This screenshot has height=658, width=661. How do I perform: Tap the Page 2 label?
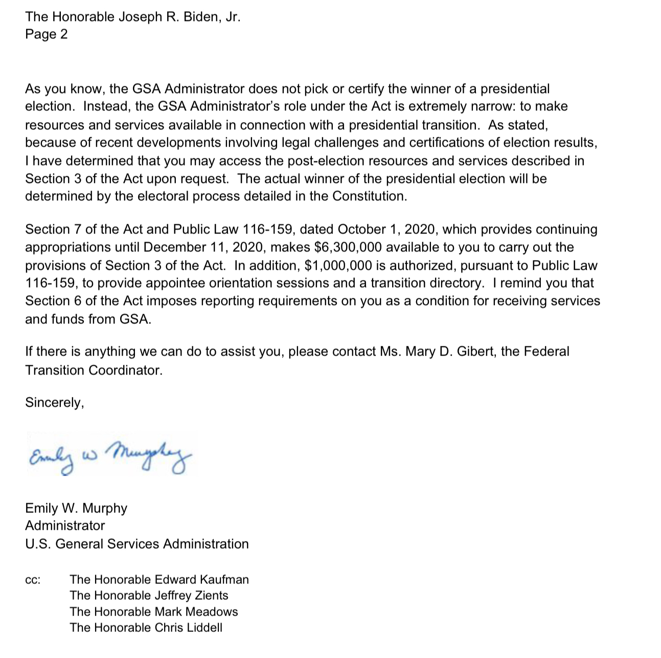(x=46, y=34)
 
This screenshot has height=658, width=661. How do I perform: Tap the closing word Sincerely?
(x=54, y=403)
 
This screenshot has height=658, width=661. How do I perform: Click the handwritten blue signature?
(x=110, y=454)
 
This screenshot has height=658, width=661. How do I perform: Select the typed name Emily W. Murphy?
(x=76, y=508)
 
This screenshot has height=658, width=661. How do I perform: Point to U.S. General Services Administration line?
(x=136, y=544)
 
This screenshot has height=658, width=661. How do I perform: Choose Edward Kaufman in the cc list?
(x=202, y=579)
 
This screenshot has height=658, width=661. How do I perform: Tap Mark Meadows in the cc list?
(x=196, y=612)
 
